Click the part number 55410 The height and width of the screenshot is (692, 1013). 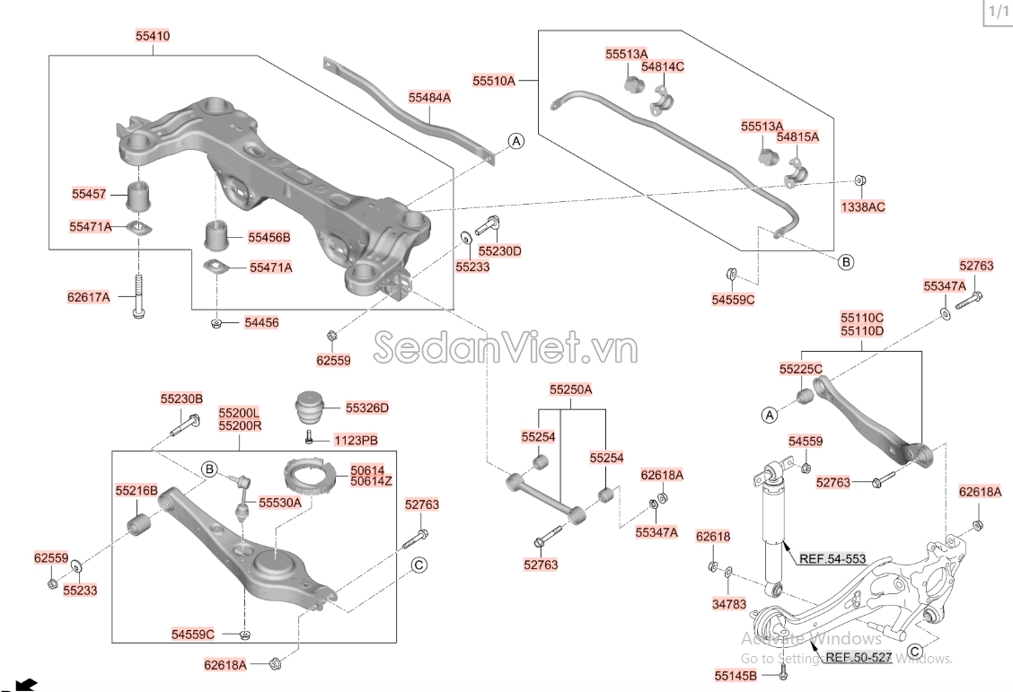point(152,37)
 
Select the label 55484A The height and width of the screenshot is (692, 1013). point(429,97)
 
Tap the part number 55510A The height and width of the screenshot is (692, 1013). point(494,81)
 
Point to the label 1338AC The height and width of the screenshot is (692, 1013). point(863,206)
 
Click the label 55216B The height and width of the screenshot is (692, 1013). point(137,491)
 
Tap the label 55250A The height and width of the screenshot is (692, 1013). point(571,390)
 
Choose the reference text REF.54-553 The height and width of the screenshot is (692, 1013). point(833,559)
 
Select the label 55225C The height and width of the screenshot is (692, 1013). point(800,369)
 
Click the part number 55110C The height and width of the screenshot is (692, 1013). point(862,318)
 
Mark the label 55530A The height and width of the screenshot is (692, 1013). point(280,504)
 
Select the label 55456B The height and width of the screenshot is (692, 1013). point(269,238)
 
